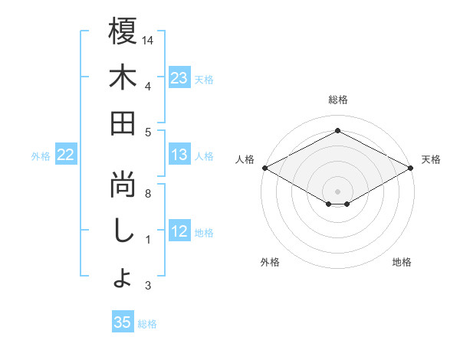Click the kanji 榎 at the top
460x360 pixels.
click(x=123, y=32)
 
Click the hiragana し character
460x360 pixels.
click(x=123, y=231)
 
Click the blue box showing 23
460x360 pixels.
click(x=179, y=78)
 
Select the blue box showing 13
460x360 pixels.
click(x=179, y=155)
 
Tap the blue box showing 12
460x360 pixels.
click(x=179, y=232)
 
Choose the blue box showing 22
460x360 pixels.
click(x=66, y=155)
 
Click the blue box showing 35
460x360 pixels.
click(x=123, y=322)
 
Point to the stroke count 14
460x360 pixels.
click(x=149, y=39)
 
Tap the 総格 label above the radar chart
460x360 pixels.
click(x=337, y=100)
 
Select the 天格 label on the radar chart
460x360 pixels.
click(x=432, y=159)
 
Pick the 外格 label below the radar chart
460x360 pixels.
click(x=270, y=262)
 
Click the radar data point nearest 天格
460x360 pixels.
click(x=412, y=168)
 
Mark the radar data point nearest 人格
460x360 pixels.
click(x=264, y=168)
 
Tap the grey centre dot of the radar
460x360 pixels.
click(x=337, y=190)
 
